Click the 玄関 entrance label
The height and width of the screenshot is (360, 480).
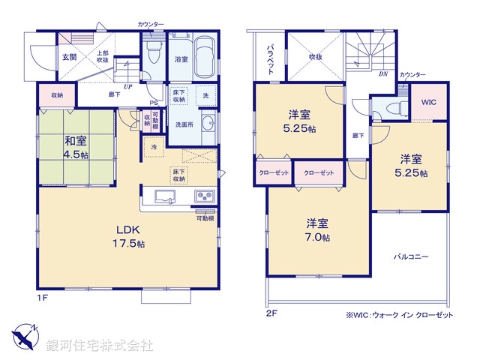pyautogui.click(x=69, y=57)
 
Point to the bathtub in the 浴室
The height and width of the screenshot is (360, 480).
pyautogui.click(x=204, y=56)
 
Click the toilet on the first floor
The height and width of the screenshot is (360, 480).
pyautogui.click(x=155, y=53)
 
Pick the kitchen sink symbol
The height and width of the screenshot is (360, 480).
pyautogui.click(x=165, y=196)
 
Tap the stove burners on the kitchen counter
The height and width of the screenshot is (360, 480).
pyautogui.click(x=204, y=196)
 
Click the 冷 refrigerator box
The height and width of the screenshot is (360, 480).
pyautogui.click(x=154, y=148)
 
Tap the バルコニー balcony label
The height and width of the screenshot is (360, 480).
pyautogui.click(x=411, y=256)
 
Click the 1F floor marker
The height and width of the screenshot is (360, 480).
pyautogui.click(x=43, y=298)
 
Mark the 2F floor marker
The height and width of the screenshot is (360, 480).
pyautogui.click(x=271, y=313)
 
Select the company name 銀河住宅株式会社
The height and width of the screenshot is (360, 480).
pyautogui.click(x=100, y=345)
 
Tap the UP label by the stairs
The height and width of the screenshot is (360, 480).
pyautogui.click(x=128, y=87)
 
